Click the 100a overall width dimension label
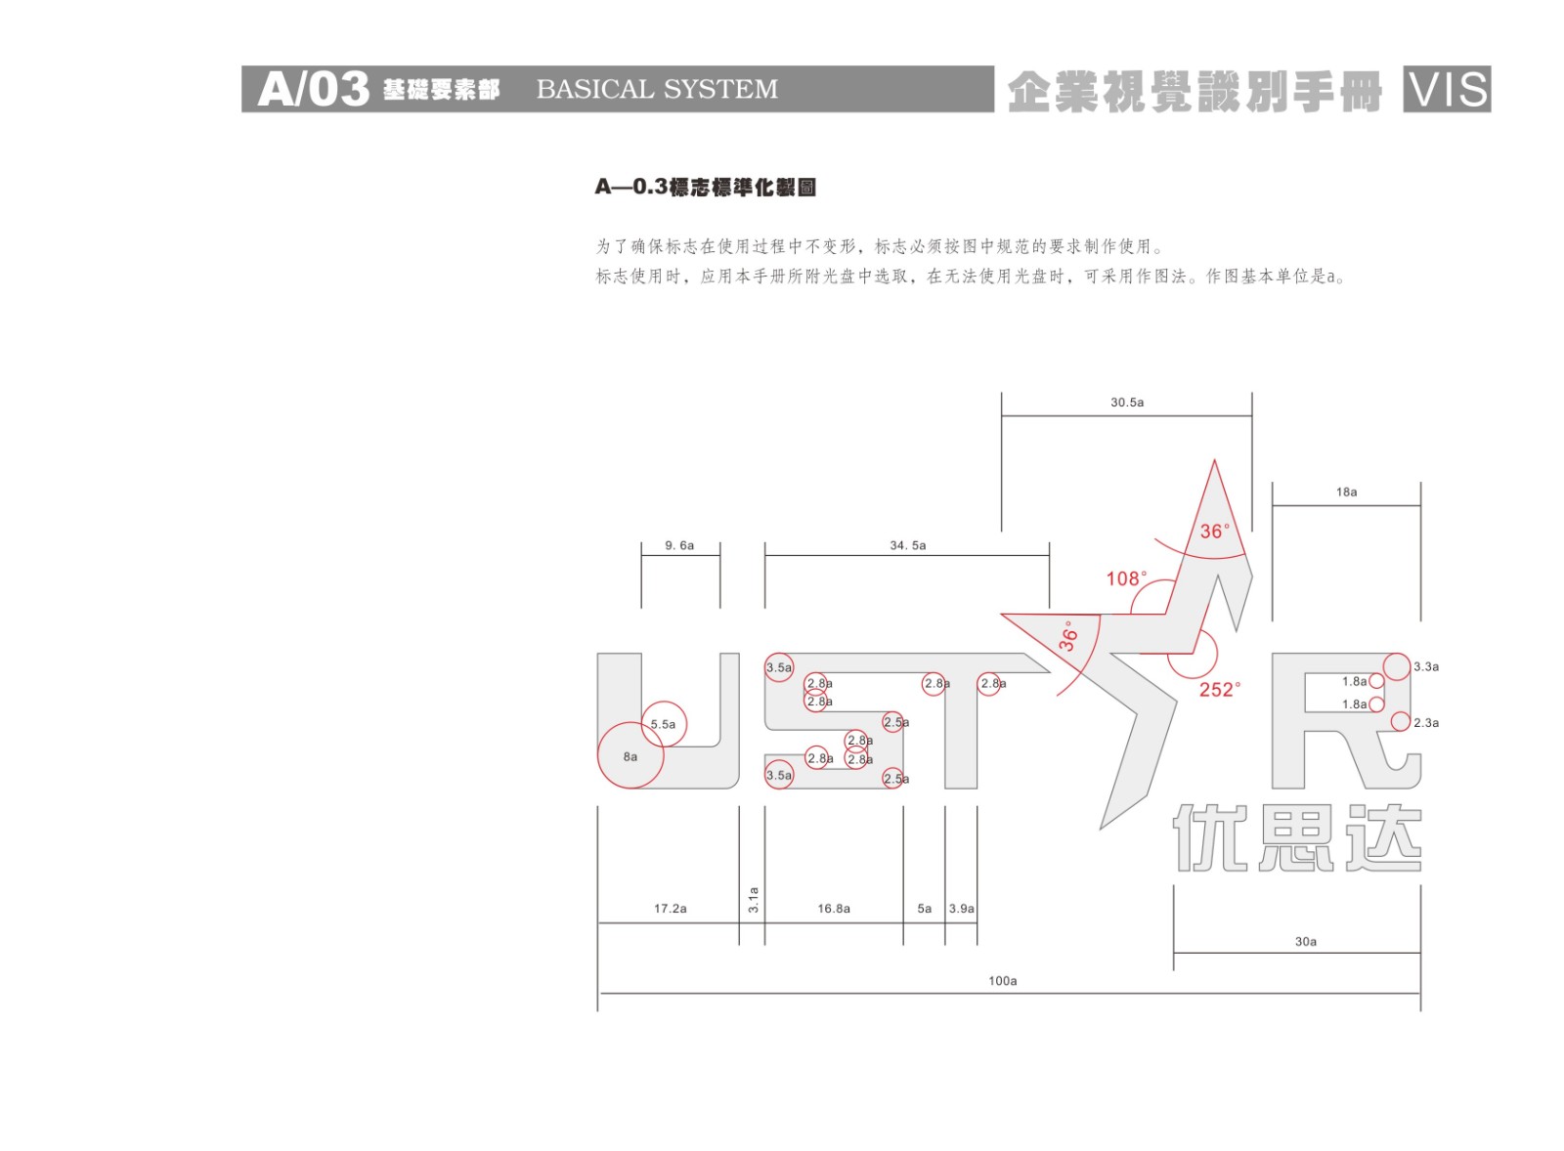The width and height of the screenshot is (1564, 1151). coord(1002,981)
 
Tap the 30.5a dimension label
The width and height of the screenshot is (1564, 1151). coord(1126,403)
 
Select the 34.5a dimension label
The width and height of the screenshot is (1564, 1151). coord(907,546)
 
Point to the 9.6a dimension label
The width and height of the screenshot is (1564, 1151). coord(679,546)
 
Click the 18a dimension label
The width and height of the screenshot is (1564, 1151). coord(1346,492)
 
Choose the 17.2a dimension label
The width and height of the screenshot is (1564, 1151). coord(670,909)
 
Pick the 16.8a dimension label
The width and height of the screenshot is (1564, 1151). coord(833,909)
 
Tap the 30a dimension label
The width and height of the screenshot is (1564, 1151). coord(1305,942)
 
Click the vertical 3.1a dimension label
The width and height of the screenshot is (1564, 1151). coord(753,900)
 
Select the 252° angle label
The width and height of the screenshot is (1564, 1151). coord(1219,690)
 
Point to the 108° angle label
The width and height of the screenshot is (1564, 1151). coord(1126,579)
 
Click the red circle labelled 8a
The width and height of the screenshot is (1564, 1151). coord(630,755)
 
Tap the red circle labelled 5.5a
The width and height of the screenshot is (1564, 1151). coord(664,724)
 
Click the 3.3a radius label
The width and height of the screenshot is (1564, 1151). coord(1425,667)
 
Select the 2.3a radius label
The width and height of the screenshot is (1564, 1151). coord(1425,723)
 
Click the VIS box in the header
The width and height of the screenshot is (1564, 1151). coord(1446,90)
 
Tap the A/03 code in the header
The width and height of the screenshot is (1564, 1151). coord(313,90)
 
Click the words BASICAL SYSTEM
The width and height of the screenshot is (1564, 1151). coord(657,90)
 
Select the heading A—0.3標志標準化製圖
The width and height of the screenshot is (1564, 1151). coord(705,187)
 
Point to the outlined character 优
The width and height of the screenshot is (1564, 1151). coord(1208,837)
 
